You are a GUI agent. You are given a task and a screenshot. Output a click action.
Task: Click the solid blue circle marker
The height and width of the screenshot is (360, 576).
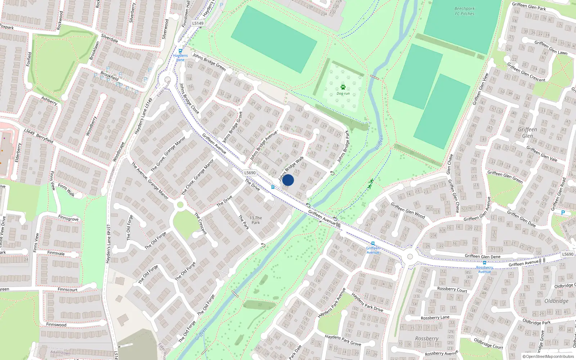click(x=288, y=180)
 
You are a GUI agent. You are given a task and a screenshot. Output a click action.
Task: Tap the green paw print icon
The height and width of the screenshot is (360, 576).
click(x=343, y=87)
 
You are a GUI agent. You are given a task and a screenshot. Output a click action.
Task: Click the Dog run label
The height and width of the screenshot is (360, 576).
click(x=343, y=94)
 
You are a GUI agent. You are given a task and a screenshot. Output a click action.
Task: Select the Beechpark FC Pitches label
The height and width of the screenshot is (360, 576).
click(x=464, y=11)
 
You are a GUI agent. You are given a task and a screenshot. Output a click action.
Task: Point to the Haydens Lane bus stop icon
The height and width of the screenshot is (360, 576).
click(x=180, y=51)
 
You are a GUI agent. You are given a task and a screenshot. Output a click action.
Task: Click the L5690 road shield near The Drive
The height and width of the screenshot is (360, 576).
click(x=250, y=173)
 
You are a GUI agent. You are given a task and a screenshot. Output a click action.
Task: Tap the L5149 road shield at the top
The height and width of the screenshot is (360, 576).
click(x=198, y=23)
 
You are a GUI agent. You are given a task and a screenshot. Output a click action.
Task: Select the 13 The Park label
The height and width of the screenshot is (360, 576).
click(x=256, y=220)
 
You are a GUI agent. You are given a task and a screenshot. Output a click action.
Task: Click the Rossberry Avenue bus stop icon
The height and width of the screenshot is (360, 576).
click(x=484, y=263)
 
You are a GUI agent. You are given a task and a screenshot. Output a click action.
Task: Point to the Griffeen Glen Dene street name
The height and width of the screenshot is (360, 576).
click(x=482, y=257)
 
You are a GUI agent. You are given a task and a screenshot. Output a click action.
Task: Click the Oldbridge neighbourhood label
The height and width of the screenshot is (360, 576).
click(x=556, y=301)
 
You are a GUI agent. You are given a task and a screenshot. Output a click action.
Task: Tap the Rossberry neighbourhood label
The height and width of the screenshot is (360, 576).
click(x=427, y=338)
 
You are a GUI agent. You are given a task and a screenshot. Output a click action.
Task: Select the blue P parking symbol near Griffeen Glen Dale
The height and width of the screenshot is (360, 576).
click(x=563, y=213)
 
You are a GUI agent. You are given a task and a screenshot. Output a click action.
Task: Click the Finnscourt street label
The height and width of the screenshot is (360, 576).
click(x=67, y=289)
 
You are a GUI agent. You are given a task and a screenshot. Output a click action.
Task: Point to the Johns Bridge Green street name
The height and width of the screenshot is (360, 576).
click(x=209, y=62)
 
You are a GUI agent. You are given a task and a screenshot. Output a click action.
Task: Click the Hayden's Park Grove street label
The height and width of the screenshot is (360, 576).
click(x=343, y=340)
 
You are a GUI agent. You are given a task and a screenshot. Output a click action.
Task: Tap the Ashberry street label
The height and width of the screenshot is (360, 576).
click(x=49, y=100)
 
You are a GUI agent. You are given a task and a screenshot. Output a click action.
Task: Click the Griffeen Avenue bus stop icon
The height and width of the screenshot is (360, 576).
click(x=373, y=244)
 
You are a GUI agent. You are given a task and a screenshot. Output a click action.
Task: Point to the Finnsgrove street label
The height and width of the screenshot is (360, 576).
click(x=68, y=219)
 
